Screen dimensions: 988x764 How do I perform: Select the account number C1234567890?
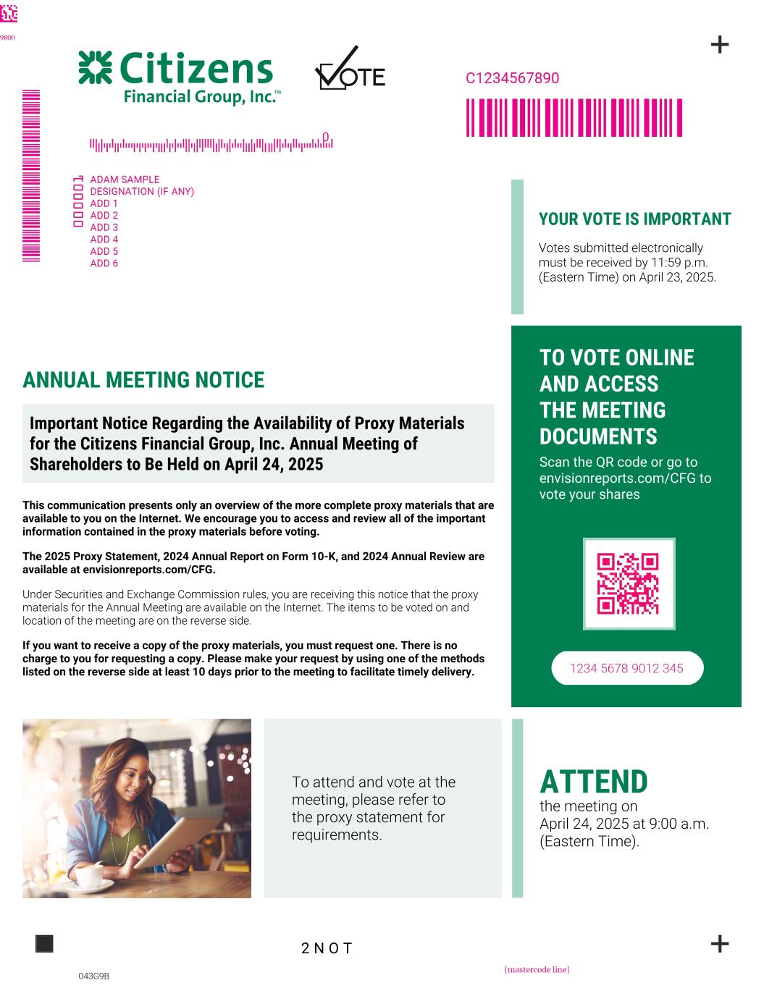pyautogui.click(x=512, y=78)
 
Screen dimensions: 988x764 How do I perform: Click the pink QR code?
pyautogui.click(x=628, y=583)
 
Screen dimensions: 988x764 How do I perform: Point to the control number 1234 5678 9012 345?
pyautogui.click(x=626, y=668)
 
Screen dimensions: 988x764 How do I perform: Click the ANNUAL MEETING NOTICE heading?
pyautogui.click(x=143, y=380)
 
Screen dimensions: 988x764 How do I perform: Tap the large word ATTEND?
pyautogui.click(x=593, y=782)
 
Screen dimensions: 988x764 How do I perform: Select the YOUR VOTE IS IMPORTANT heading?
pyautogui.click(x=634, y=219)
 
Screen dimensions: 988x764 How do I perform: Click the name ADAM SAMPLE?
pyautogui.click(x=125, y=180)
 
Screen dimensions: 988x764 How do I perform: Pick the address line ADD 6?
pyautogui.click(x=104, y=263)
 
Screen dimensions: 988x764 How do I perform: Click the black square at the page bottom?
pyautogui.click(x=44, y=944)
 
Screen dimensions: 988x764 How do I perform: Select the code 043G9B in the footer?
pyautogui.click(x=93, y=976)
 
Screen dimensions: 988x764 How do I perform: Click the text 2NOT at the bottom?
pyautogui.click(x=327, y=948)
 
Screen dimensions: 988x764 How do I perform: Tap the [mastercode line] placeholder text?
pyautogui.click(x=537, y=969)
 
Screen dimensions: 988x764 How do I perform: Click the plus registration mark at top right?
pyautogui.click(x=719, y=45)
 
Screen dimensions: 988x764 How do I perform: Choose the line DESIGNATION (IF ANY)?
pyautogui.click(x=142, y=192)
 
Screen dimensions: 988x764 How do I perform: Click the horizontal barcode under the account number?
pyautogui.click(x=574, y=118)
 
